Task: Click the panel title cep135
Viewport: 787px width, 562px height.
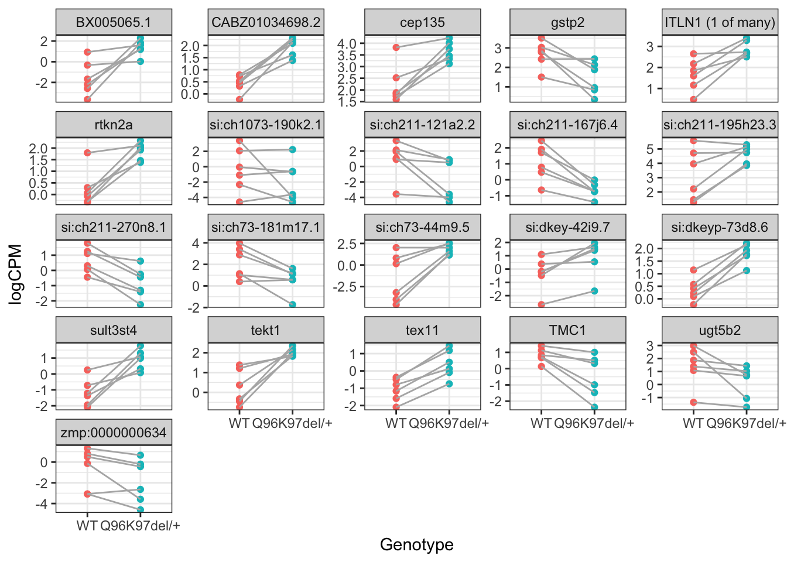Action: coord(422,23)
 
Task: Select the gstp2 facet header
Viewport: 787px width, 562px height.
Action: coord(567,23)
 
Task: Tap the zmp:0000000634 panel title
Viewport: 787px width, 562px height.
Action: coord(114,433)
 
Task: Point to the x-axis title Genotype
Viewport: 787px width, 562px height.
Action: coord(416,544)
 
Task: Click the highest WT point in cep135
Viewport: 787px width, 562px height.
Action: coord(396,47)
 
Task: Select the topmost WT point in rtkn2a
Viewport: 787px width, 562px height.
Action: coord(87,153)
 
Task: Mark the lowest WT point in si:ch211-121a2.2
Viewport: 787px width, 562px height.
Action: coord(396,194)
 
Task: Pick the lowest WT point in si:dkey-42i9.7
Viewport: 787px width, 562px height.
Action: coord(542,304)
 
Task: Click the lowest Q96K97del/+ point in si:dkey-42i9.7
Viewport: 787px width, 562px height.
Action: coord(594,291)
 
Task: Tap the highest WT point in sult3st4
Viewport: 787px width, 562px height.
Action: coord(87,370)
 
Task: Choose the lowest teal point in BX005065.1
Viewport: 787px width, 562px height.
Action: coord(140,61)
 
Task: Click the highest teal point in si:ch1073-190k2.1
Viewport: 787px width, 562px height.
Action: coord(292,150)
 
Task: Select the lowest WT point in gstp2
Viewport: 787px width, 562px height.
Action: coord(542,77)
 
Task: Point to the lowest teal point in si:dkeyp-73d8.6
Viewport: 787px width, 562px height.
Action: coord(747,270)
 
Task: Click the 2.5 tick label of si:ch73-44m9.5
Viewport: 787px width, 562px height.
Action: coord(347,244)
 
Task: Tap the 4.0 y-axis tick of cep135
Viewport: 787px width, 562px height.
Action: coord(347,44)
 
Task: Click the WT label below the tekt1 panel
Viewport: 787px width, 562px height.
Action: coord(239,423)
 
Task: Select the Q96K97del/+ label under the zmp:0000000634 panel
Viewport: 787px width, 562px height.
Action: coord(140,526)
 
